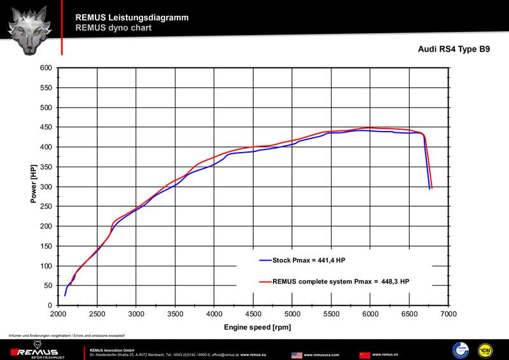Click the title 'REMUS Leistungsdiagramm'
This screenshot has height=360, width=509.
click(132, 17)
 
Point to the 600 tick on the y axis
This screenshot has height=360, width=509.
click(45, 68)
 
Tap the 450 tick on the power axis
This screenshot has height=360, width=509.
click(45, 128)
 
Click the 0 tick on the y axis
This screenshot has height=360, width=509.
click(50, 306)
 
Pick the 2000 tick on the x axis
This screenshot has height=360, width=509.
click(58, 314)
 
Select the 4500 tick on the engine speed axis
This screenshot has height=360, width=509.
click(253, 314)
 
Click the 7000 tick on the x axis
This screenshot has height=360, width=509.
click(449, 314)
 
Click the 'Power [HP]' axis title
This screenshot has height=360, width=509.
click(33, 184)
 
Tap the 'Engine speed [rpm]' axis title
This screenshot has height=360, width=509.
click(253, 326)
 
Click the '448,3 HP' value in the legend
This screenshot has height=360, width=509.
click(395, 280)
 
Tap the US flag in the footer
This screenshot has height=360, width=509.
click(296, 354)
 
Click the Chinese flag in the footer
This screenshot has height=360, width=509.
click(365, 354)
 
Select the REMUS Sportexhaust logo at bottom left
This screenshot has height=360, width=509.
click(38, 352)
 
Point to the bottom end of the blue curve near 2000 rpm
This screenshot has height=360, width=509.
click(65, 295)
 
